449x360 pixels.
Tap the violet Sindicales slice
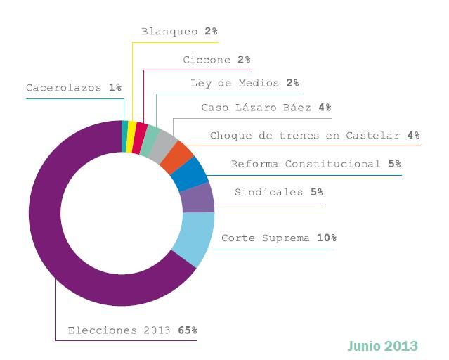197,198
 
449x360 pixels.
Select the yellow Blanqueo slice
131,127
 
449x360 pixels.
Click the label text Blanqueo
169,32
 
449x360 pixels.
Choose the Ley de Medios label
235,83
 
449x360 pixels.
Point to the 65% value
187,330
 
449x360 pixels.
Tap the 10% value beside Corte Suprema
326,238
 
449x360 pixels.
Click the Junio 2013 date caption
382,346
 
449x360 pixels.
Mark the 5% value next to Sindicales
317,192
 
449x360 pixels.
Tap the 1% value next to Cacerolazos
115,88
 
